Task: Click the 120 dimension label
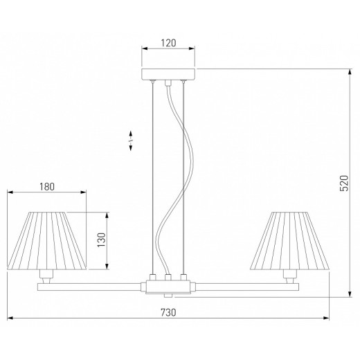[x=168, y=43]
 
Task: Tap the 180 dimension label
[x=47, y=187]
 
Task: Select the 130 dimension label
[x=101, y=240]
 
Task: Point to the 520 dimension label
[x=344, y=183]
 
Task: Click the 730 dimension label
[x=168, y=312]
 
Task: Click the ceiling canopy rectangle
[x=168, y=74]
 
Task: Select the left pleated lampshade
[x=47, y=241]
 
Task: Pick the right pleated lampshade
[x=290, y=241]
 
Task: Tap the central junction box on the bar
[x=168, y=287]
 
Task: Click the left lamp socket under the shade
[x=46, y=276]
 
